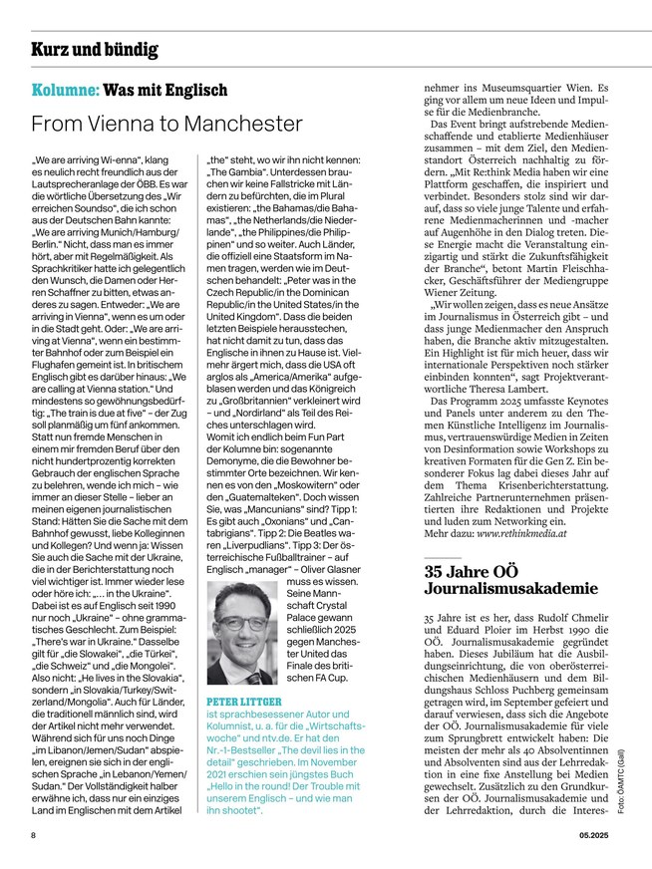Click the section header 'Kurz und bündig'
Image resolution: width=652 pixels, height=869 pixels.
pyautogui.click(x=95, y=48)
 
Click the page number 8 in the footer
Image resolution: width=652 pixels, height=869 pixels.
pyautogui.click(x=34, y=835)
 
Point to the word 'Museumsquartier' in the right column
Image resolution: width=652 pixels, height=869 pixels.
pyautogui.click(x=529, y=88)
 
